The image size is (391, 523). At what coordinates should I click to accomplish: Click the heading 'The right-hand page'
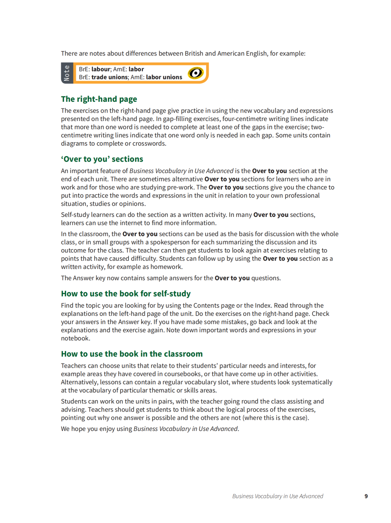pyautogui.click(x=99, y=99)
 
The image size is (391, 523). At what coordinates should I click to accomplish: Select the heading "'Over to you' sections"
pyautogui.click(x=102, y=159)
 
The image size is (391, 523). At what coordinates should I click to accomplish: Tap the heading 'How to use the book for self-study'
pyautogui.click(x=126, y=294)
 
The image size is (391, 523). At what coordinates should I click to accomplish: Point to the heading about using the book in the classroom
pyautogui.click(x=132, y=354)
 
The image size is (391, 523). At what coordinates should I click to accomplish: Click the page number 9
pyautogui.click(x=366, y=496)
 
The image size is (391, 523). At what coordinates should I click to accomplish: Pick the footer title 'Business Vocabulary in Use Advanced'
pyautogui.click(x=278, y=496)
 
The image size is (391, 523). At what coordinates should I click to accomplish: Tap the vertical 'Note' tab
pyautogui.click(x=67, y=73)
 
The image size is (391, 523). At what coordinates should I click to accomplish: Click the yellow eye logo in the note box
pyautogui.click(x=196, y=73)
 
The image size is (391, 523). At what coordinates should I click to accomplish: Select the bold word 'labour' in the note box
pyautogui.click(x=101, y=69)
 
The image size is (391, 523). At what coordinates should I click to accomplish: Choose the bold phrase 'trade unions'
pyautogui.click(x=110, y=77)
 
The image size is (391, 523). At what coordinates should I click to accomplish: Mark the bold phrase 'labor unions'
pyautogui.click(x=164, y=77)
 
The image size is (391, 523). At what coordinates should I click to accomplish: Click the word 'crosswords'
pyautogui.click(x=149, y=143)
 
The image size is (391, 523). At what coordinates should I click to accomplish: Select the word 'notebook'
pyautogui.click(x=75, y=339)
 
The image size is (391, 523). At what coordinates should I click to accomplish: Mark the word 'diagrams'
pyautogui.click(x=74, y=143)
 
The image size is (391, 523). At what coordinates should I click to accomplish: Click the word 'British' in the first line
pyautogui.click(x=194, y=54)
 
